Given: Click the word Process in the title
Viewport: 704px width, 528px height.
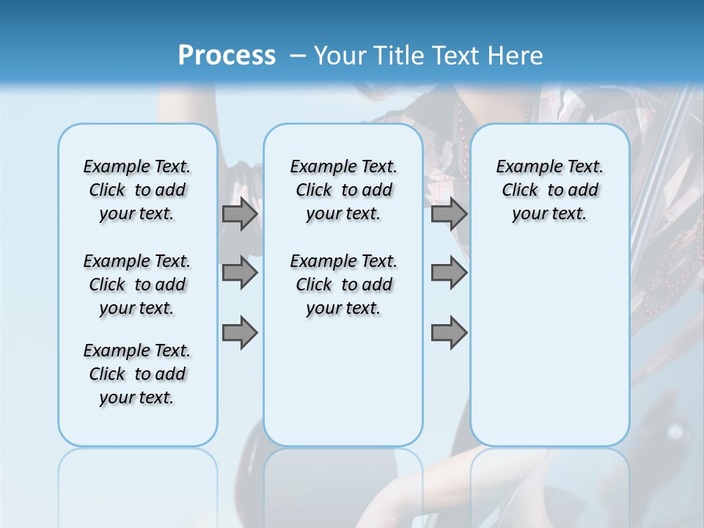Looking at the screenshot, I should pyautogui.click(x=227, y=56).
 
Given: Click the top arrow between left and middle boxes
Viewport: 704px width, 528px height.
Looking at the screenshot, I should pyautogui.click(x=240, y=214).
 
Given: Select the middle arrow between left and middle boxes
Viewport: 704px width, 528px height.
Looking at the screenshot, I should pyautogui.click(x=240, y=274).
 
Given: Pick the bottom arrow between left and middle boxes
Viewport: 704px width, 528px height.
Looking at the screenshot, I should pyautogui.click(x=240, y=333).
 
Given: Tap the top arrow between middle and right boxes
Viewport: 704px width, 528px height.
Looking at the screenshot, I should pyautogui.click(x=449, y=214).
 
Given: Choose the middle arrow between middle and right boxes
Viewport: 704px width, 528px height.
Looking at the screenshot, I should pyautogui.click(x=449, y=274).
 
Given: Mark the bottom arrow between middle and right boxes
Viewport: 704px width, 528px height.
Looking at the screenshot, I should pyautogui.click(x=449, y=333).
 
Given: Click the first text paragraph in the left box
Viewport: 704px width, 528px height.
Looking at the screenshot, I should pyautogui.click(x=137, y=190).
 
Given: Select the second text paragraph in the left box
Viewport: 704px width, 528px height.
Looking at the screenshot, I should pyautogui.click(x=137, y=285).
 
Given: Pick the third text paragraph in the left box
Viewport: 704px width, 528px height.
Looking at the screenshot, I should pyautogui.click(x=137, y=374).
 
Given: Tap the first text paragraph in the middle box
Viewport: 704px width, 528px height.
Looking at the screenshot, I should pyautogui.click(x=343, y=190).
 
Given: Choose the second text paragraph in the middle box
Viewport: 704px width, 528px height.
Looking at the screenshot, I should pyautogui.click(x=343, y=285).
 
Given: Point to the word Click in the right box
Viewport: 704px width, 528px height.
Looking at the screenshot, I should pyautogui.click(x=520, y=191).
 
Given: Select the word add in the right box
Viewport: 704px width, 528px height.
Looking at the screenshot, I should pyautogui.click(x=583, y=191).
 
